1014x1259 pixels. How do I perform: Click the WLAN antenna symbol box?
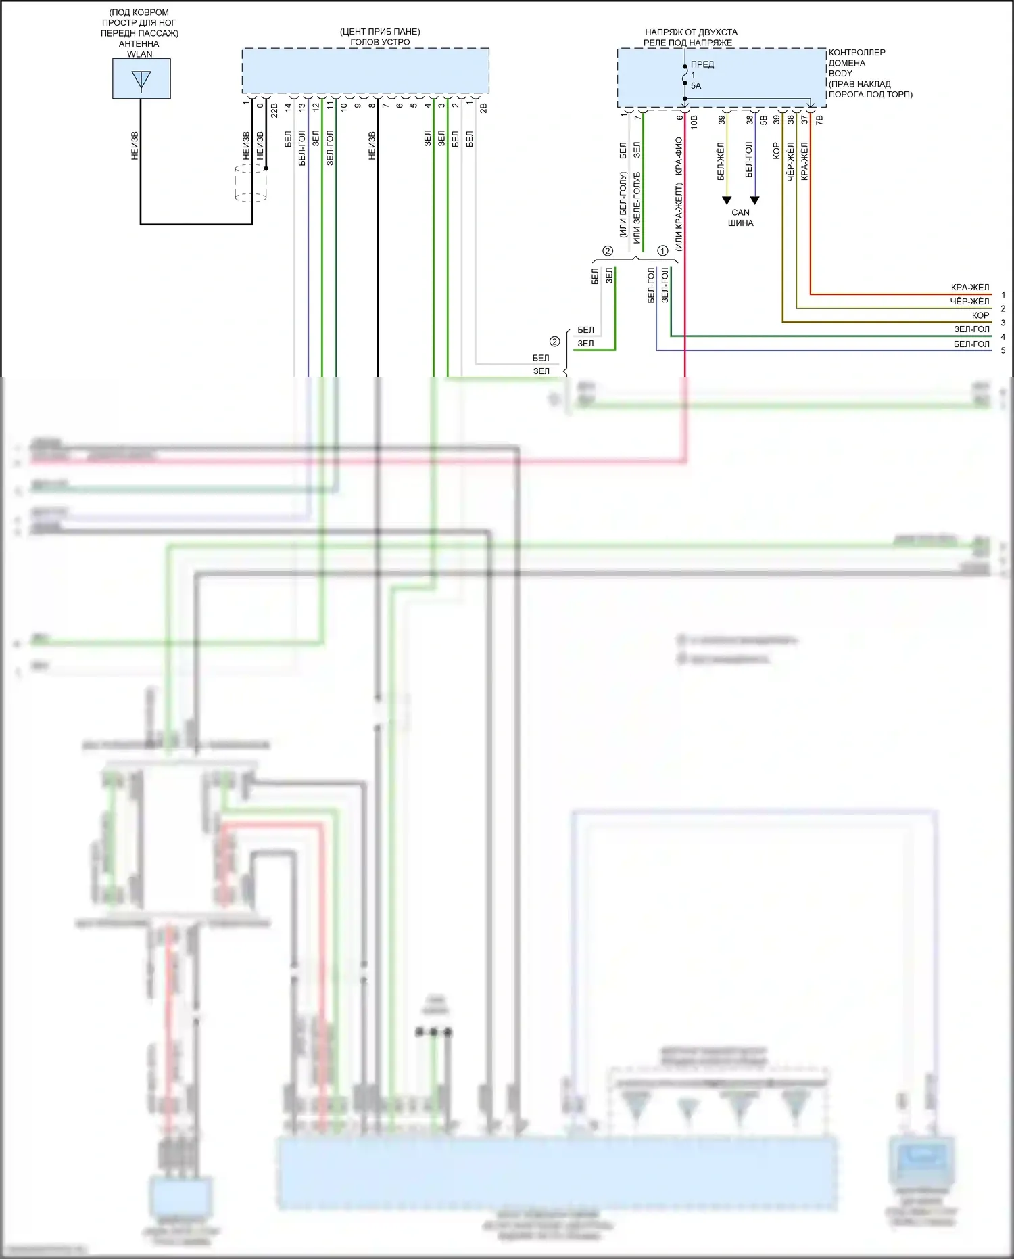tap(141, 78)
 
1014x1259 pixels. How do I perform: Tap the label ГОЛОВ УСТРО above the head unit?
tap(380, 42)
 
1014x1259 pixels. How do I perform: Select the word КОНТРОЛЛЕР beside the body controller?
tap(856, 53)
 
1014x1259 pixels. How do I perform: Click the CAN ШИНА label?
tap(740, 218)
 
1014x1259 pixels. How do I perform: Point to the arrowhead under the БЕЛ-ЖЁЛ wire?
tap(727, 200)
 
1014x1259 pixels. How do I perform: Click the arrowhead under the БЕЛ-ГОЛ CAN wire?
tap(755, 200)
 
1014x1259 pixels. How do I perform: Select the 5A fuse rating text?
tap(696, 86)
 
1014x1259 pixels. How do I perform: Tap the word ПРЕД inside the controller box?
tap(702, 64)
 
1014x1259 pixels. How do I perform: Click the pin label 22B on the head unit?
tap(274, 110)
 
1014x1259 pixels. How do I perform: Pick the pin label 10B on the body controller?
tap(694, 122)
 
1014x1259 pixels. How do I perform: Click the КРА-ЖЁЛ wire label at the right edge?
tap(969, 288)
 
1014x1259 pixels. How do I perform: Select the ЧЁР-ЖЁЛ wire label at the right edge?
tap(969, 302)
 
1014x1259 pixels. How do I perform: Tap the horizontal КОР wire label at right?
tap(980, 316)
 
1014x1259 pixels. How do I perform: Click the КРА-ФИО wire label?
tap(679, 156)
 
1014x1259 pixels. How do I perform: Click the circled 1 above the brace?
tap(662, 251)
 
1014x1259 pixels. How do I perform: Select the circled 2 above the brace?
tap(607, 251)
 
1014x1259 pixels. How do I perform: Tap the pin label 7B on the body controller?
tap(819, 120)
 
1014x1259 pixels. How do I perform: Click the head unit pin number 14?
tap(288, 107)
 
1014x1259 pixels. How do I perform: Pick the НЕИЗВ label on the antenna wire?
tap(135, 145)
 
